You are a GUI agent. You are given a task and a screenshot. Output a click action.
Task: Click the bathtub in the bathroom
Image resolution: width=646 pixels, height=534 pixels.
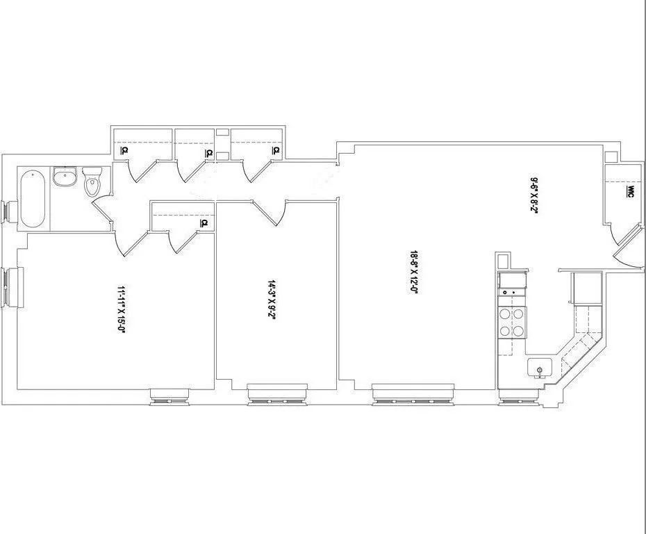(x=34, y=198)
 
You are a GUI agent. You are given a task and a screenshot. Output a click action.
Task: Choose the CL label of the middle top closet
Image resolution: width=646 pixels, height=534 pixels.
(x=208, y=153)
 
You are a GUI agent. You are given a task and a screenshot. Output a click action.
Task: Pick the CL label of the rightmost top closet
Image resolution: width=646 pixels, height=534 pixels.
(x=276, y=150)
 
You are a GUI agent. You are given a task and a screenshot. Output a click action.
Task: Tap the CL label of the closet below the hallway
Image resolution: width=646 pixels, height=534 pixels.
(x=205, y=223)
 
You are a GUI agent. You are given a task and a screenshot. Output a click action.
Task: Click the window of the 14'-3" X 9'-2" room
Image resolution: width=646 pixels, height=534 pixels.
(x=278, y=394)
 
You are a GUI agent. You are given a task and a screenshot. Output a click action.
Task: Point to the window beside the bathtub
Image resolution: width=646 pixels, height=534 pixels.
(x=8, y=212)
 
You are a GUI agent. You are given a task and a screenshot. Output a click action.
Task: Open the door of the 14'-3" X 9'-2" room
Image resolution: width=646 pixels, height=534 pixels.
(x=270, y=213)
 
